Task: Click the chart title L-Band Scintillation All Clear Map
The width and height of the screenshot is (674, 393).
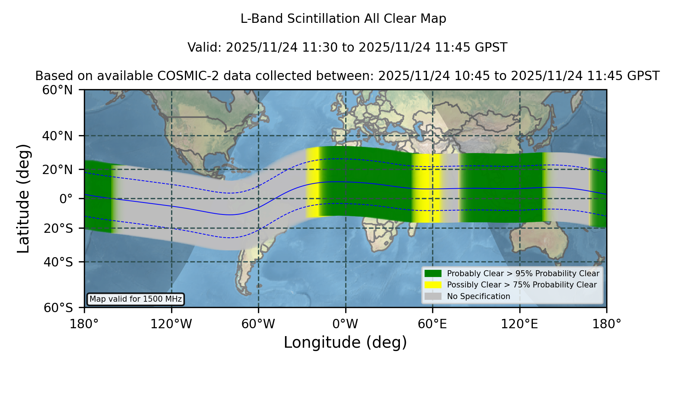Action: tap(343, 19)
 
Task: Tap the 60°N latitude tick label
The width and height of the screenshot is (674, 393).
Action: tap(58, 90)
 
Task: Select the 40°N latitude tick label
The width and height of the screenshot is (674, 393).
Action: tap(58, 136)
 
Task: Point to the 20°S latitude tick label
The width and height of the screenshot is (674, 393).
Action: tap(58, 228)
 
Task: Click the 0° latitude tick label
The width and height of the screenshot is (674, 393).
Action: tap(66, 198)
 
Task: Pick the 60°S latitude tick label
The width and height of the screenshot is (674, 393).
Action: tap(58, 308)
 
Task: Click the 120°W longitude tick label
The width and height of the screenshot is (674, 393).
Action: tap(171, 324)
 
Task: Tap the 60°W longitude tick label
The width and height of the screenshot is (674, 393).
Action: tap(258, 324)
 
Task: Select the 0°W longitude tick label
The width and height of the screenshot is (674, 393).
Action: tap(345, 324)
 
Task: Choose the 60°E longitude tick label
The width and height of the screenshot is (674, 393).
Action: tap(432, 324)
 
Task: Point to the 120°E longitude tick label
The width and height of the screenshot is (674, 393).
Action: tap(519, 324)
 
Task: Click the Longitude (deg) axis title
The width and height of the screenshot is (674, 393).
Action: tap(345, 342)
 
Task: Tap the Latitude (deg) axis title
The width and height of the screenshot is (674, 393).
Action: tap(23, 198)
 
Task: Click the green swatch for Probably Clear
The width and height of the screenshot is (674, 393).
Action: tap(433, 273)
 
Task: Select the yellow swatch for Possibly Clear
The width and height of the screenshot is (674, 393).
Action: tap(433, 284)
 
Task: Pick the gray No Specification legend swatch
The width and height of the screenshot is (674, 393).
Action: tap(433, 296)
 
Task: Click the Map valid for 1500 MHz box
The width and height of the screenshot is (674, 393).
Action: tap(136, 299)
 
